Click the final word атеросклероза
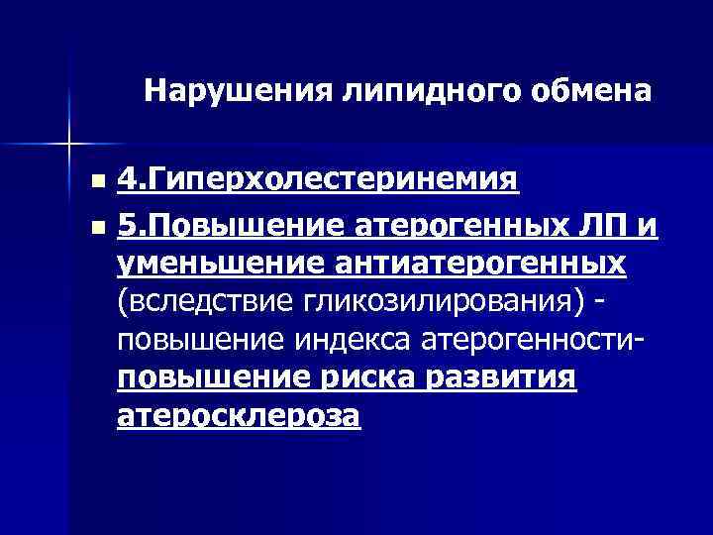[239, 416]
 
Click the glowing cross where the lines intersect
[69, 145]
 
